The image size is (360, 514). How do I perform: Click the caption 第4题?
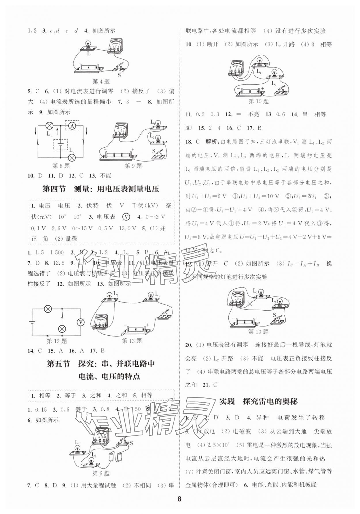[x=101, y=82]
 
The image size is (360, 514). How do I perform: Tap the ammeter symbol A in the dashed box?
[x=72, y=125]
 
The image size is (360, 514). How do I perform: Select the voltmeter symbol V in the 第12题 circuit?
[x=81, y=323]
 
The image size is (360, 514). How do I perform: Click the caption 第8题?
[x=61, y=166]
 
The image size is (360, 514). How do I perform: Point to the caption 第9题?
[x=133, y=166]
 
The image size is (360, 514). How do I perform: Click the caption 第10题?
[x=258, y=101]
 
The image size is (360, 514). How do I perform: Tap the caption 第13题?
[x=132, y=341]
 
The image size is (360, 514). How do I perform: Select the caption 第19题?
[x=258, y=332]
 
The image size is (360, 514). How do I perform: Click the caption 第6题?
[x=101, y=473]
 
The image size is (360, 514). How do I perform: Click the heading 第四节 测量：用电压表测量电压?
[x=101, y=189]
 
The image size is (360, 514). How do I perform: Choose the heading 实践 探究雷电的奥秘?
[x=258, y=401]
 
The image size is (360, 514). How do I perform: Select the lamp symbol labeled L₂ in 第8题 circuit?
[x=71, y=157]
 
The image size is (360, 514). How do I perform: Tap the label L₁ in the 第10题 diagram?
[x=259, y=71]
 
